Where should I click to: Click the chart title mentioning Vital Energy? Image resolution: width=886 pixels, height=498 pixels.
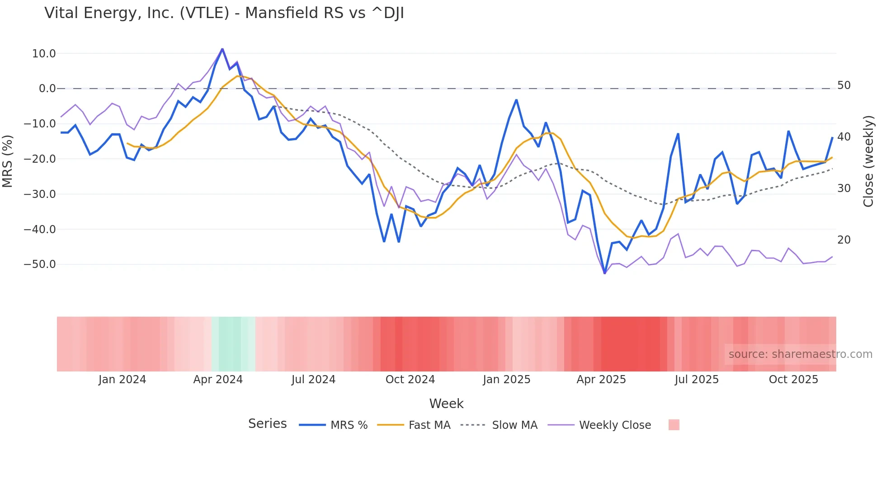coord(224,13)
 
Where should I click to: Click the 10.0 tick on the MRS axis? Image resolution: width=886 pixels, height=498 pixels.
coord(44,54)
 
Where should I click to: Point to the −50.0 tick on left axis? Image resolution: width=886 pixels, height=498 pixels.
coord(40,264)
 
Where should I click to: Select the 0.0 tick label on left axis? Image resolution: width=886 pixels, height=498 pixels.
coord(47,89)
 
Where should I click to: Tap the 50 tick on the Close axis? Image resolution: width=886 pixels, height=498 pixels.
coord(844,85)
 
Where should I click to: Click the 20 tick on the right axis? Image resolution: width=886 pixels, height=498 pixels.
coord(844,240)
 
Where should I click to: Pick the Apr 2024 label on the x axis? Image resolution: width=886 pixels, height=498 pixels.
coord(218,380)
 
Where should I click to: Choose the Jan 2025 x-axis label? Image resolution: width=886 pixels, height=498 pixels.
coord(506,380)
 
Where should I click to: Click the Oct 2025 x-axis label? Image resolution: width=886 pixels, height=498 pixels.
coord(793,380)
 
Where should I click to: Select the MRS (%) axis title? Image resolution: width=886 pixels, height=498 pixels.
coord(8,161)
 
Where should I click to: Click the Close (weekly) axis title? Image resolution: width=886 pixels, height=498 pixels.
coord(868,161)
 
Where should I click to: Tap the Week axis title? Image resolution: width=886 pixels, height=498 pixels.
coord(446,404)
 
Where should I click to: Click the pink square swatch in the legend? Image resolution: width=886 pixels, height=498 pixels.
coord(674,425)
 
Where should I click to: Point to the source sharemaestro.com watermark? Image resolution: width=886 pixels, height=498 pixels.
coord(800,354)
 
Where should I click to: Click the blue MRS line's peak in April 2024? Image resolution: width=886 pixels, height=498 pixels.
coord(222,49)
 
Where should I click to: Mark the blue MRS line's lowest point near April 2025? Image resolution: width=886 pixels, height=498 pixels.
coord(605,273)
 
